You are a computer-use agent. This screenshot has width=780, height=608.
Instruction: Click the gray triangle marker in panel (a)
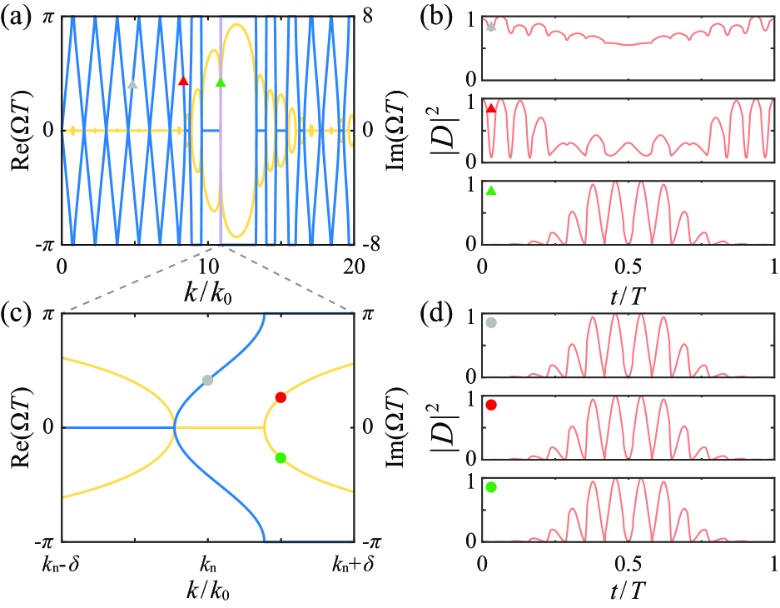tap(132, 84)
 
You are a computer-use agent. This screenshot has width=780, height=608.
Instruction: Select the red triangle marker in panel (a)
tap(184, 81)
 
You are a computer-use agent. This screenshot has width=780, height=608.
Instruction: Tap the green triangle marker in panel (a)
tap(220, 82)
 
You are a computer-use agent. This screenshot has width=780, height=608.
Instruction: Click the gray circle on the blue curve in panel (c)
tap(207, 380)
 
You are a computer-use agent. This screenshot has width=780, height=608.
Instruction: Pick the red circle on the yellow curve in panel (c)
tap(281, 397)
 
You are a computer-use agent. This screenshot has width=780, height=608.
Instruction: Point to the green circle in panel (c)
tap(281, 457)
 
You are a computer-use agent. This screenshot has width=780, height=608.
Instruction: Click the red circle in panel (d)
tap(491, 405)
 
